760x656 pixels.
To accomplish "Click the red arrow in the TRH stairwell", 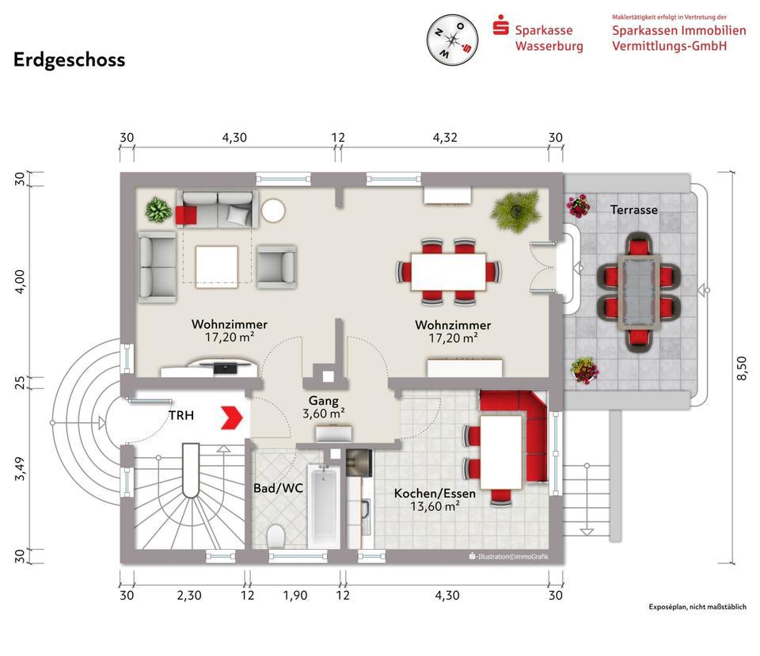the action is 232,418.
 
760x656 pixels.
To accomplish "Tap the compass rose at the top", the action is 452,40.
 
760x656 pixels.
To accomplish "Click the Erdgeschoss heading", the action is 70,60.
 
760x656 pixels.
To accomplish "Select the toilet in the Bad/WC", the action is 275,536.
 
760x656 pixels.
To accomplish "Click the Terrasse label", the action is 634,210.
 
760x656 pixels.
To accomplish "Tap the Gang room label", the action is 324,401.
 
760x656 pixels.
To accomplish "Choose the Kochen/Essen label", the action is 435,494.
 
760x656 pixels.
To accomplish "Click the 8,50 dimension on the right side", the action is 742,368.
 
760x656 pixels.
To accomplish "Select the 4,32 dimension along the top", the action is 445,137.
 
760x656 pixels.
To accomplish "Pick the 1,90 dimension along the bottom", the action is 295,595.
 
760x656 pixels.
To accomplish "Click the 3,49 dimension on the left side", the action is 20,469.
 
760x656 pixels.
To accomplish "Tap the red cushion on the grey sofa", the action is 186,215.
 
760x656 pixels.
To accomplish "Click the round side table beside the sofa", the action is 273,211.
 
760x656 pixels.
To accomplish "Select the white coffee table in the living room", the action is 217,266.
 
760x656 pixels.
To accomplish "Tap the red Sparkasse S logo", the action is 500,25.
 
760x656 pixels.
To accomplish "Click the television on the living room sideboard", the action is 222,367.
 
